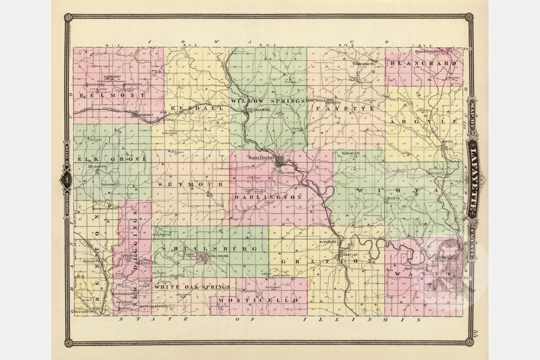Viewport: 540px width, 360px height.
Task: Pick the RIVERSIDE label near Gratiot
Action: (x=328, y=242)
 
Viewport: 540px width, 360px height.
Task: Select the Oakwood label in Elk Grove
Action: (x=108, y=184)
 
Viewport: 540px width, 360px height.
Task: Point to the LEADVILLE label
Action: (x=128, y=255)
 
